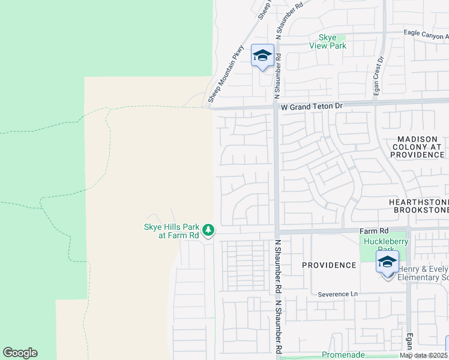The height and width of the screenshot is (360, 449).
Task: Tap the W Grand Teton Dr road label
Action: tap(312, 106)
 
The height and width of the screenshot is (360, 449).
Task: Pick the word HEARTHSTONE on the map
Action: tap(418, 202)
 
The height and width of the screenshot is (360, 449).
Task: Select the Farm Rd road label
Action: tap(375, 230)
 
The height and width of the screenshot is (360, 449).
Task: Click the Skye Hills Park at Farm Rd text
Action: tap(171, 231)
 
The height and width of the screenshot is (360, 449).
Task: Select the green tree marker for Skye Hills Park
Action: tap(208, 230)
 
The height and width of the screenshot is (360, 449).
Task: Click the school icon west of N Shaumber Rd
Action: tap(262, 56)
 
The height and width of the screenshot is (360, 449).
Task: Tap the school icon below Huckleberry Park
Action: tap(388, 262)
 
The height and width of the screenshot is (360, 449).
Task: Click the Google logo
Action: tap(20, 353)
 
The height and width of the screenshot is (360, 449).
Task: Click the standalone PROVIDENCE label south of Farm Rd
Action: tap(329, 265)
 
